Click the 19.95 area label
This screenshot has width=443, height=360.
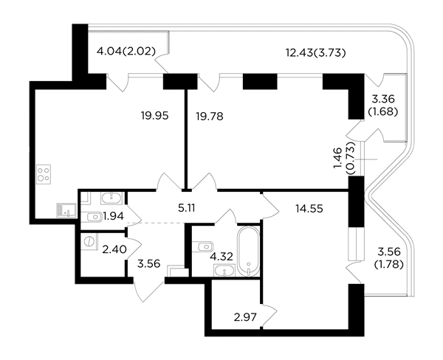tap(154, 116)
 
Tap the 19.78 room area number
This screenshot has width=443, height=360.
tap(210, 116)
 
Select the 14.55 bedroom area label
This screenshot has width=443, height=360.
tap(309, 209)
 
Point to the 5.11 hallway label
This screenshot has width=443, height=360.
tap(187, 208)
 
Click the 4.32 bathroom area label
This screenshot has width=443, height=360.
tap(221, 257)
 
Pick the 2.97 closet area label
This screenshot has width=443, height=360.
tap(245, 317)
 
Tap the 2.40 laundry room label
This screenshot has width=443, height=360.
tap(114, 249)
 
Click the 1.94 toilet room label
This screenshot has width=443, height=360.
tap(113, 216)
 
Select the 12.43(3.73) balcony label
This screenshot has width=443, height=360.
tap(315, 53)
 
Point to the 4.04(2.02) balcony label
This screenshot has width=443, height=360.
tap(126, 52)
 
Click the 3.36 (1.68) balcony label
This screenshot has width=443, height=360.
tap(382, 105)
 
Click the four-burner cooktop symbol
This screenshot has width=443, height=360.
tap(44, 174)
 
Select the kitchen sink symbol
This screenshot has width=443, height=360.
tap(66, 210)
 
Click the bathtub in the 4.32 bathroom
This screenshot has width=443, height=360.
tap(249, 252)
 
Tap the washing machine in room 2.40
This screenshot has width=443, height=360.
tap(89, 241)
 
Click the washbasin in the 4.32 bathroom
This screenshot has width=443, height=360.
tap(224, 271)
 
